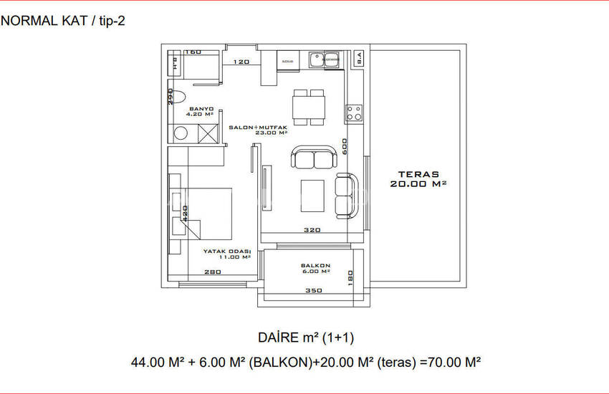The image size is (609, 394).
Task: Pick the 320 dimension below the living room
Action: (312, 231)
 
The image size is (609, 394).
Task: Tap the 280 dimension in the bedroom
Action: (212, 272)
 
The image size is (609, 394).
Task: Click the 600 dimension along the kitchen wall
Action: (345, 146)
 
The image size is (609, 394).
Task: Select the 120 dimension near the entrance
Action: (241, 62)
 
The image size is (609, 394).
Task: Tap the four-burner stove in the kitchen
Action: (354, 112)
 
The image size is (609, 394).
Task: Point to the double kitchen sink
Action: (320, 59)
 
